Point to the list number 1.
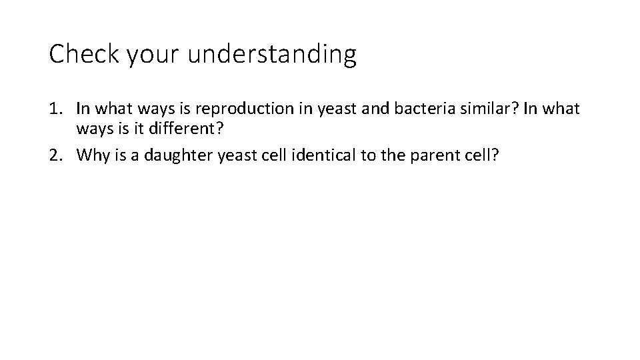pos(57,108)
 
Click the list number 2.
pos(57,155)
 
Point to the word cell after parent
pos(481,155)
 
